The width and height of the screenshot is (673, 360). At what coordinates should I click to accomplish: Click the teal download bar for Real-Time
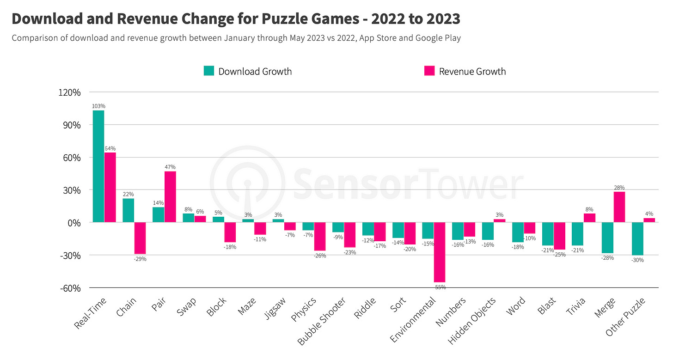coord(98,166)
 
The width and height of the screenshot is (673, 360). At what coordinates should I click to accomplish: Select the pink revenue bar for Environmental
coord(440,252)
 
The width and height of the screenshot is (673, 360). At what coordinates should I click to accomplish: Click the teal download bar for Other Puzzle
coord(637,238)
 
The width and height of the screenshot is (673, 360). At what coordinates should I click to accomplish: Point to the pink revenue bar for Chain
coord(140,238)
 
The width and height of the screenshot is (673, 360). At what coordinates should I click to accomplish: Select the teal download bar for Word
coord(518,232)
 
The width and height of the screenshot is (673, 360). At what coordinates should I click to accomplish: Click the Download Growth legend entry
coord(248,71)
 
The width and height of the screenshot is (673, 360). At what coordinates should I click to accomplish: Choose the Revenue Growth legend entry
coord(465,71)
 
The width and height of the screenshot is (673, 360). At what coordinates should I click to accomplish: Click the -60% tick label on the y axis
coord(70,288)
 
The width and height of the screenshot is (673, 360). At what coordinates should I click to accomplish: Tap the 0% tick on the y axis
coord(74,223)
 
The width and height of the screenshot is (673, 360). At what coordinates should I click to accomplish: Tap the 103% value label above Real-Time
coord(98,106)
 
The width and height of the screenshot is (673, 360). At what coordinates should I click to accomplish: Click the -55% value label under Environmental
coord(440,287)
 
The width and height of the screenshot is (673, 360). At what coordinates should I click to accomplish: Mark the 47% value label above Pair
coord(170,167)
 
